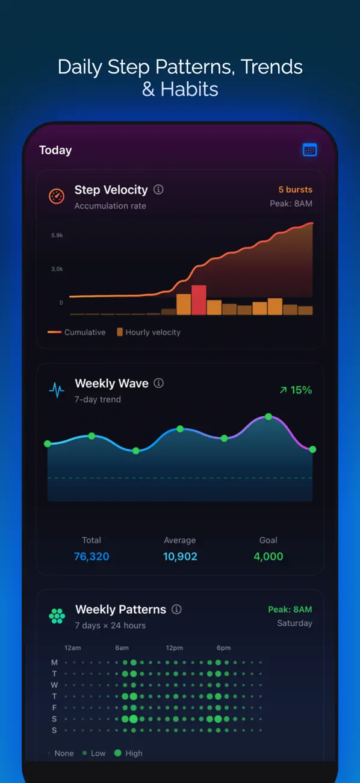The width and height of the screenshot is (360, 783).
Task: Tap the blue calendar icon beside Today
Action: coord(309,150)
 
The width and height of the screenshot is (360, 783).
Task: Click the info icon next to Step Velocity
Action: coord(158,190)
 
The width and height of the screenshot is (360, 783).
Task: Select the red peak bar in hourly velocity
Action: coord(199,300)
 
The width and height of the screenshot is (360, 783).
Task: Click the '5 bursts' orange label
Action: coord(296,190)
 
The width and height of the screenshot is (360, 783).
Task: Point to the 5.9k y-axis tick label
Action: coord(57,236)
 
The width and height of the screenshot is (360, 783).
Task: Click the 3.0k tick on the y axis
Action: coord(57,269)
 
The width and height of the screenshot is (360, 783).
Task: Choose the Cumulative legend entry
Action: coord(76,332)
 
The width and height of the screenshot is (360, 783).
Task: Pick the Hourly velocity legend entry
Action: coord(149,332)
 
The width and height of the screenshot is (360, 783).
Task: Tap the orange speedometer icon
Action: coord(56,196)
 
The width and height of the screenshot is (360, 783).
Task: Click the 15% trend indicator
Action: coord(296,390)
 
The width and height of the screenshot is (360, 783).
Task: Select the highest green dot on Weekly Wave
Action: coord(268,417)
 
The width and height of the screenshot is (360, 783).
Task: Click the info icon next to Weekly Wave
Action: coord(159,383)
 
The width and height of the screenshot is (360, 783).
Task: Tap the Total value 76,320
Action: coord(92,556)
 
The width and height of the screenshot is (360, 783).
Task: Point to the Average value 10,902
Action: coord(180,556)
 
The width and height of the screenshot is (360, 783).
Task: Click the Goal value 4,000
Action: coord(268,556)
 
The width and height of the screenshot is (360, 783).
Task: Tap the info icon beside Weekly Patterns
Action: coord(176,610)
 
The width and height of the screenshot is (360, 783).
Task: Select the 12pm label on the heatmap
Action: coord(175,647)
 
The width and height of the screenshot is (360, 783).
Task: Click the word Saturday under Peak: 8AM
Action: coord(294,623)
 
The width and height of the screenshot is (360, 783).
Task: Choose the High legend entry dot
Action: coord(118,753)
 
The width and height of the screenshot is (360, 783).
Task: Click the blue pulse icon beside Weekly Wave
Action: coord(57,390)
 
